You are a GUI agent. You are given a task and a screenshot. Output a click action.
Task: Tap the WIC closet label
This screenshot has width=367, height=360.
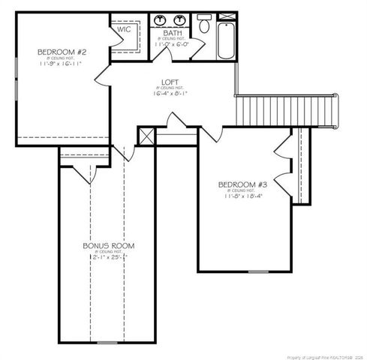pyautogui.click(x=124, y=29)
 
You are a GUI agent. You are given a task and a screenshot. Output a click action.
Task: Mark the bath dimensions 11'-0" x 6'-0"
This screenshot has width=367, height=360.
pyautogui.click(x=172, y=45)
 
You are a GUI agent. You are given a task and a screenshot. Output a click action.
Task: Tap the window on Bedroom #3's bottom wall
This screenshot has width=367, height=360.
pyautogui.click(x=259, y=271)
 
